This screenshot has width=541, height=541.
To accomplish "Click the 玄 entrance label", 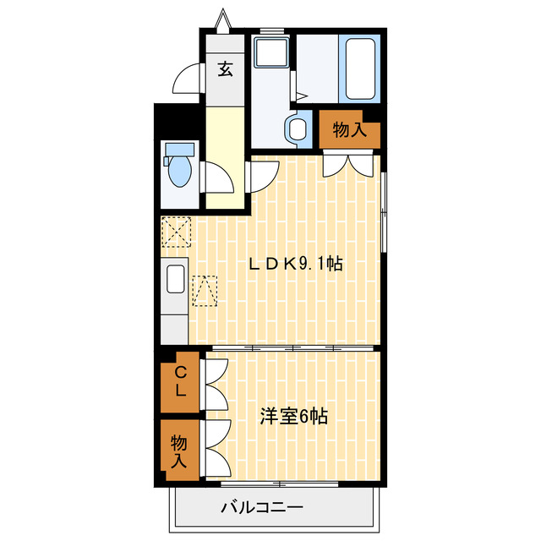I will pos(225,69).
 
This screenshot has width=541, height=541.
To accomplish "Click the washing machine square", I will pos(273,54).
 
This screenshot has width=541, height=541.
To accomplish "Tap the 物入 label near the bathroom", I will pos(349,130).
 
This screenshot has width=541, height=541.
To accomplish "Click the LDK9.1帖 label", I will pos(294,263).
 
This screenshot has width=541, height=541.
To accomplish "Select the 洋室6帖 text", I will pos(293,416).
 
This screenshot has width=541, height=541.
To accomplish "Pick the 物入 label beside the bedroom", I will pos(179,451).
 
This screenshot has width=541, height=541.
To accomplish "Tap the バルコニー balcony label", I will pos(262,508).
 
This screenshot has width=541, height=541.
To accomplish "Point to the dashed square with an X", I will pos(178,231).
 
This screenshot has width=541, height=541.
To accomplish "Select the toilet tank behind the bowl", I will pos(179,150).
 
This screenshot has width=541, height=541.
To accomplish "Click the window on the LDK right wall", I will pos(383,211).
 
